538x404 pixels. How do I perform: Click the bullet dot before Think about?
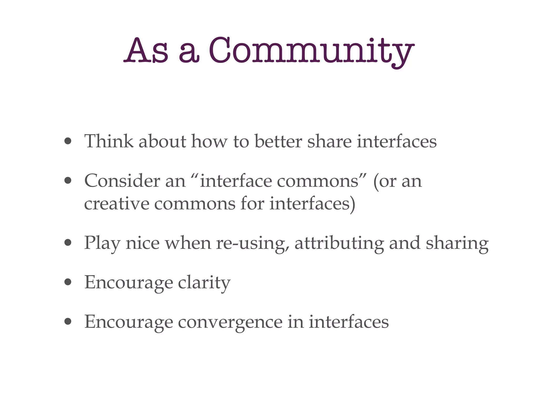(x=68, y=142)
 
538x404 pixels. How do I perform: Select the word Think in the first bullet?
(x=109, y=142)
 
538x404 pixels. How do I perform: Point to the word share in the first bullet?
(x=329, y=142)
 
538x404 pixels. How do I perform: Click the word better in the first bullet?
(x=278, y=142)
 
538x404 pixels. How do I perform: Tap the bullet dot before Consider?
(x=68, y=181)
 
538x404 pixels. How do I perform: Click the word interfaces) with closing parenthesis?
(x=312, y=204)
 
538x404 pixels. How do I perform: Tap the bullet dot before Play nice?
(x=68, y=243)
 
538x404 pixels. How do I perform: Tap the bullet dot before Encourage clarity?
(x=68, y=282)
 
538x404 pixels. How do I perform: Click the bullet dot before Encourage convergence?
(x=68, y=321)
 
